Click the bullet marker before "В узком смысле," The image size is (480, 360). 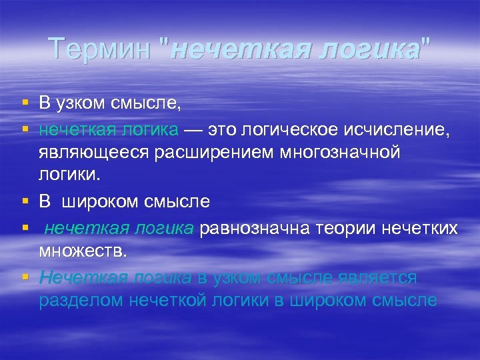[x=25, y=103]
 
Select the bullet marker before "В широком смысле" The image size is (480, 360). [x=25, y=200]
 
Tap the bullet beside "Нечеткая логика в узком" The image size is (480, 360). [x=25, y=277]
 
